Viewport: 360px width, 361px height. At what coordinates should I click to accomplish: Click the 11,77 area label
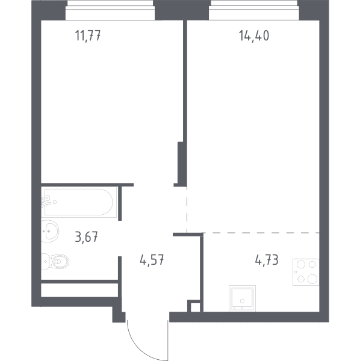point(88,35)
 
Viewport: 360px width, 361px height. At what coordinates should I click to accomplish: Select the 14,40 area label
point(254,35)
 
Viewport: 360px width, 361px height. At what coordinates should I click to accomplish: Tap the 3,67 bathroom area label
point(86,236)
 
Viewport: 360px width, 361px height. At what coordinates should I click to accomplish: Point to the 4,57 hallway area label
point(152,260)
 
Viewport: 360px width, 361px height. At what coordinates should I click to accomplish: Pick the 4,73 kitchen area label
point(267,260)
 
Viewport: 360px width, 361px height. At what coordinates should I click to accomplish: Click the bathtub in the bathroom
point(78,202)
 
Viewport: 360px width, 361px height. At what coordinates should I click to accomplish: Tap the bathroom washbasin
point(50,231)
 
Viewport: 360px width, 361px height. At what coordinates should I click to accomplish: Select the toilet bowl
point(55,262)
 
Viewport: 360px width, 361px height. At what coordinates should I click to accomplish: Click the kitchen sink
point(242,298)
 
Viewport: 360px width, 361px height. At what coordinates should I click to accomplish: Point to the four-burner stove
point(306,272)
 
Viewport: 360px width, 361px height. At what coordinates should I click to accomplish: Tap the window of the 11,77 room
point(110,10)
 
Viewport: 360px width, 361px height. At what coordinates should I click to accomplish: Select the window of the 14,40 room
point(254,10)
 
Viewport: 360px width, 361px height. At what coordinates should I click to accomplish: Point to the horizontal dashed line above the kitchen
point(261,233)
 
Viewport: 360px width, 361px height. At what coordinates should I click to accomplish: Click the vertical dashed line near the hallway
point(187,209)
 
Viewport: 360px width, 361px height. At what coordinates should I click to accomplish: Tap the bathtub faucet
point(47,202)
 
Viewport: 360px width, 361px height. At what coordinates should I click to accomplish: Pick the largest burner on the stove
point(312,279)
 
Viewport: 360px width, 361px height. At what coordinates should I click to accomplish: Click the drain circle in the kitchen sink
point(242,301)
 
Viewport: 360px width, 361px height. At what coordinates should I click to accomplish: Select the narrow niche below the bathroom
point(79,290)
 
